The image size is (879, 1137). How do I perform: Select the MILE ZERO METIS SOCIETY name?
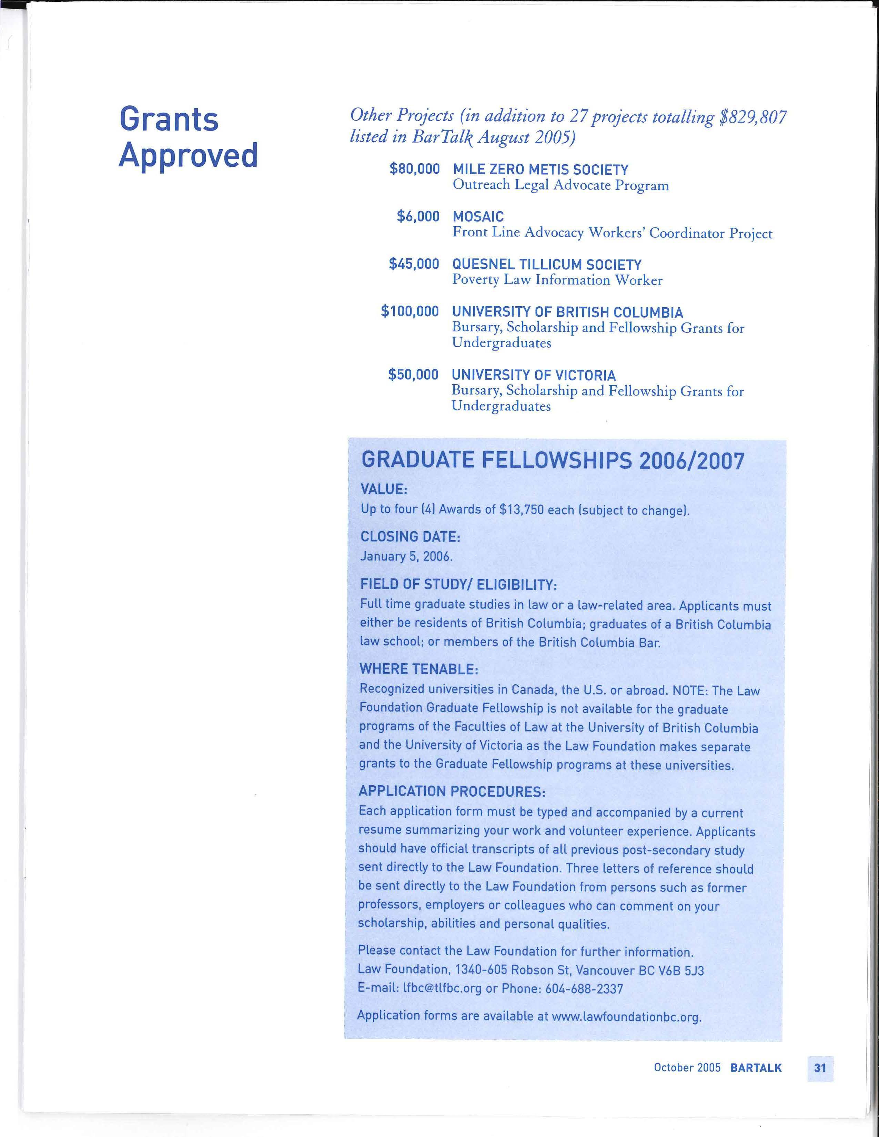point(540,170)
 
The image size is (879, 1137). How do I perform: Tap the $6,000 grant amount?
point(418,217)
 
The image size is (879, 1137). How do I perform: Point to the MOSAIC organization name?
point(478,217)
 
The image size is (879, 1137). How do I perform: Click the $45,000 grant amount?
point(414,264)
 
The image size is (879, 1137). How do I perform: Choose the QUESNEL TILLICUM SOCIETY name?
point(547,265)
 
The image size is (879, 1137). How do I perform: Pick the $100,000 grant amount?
point(410,311)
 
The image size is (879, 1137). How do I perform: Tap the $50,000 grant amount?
point(413,375)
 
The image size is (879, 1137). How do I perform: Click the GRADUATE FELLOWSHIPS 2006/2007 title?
point(553,461)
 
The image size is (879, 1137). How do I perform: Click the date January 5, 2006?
point(406,556)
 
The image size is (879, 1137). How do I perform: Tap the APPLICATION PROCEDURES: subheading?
point(452,791)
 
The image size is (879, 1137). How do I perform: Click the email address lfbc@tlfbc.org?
point(442,988)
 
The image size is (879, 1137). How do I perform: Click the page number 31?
point(820,1068)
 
